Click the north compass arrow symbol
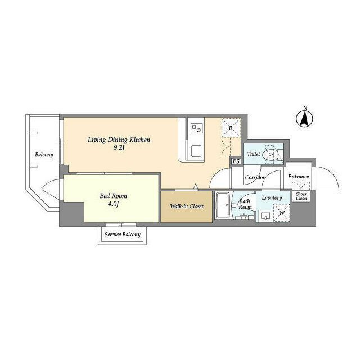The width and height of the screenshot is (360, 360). point(304,119)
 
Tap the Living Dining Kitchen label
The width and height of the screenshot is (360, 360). point(119,139)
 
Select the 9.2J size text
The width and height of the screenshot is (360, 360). point(119,147)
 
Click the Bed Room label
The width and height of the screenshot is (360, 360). point(114,196)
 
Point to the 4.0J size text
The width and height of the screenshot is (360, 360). point(113,204)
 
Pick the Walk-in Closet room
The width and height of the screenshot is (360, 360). point(186,206)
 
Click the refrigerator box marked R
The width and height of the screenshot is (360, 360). point(231,128)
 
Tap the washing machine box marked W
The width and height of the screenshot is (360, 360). point(281,213)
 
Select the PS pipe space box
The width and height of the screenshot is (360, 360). point(236,161)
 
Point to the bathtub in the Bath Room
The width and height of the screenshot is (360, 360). point(223,205)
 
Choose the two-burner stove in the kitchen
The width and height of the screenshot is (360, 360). point(197,128)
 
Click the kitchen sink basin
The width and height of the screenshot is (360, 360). point(196,151)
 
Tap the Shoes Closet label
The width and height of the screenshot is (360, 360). point(301,196)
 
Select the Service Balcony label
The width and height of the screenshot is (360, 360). point(123,235)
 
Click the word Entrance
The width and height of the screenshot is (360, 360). point(299,176)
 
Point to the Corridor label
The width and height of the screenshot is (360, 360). point(255,177)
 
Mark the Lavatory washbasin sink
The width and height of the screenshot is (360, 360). point(265,216)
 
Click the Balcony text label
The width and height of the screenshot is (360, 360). point(44,155)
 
